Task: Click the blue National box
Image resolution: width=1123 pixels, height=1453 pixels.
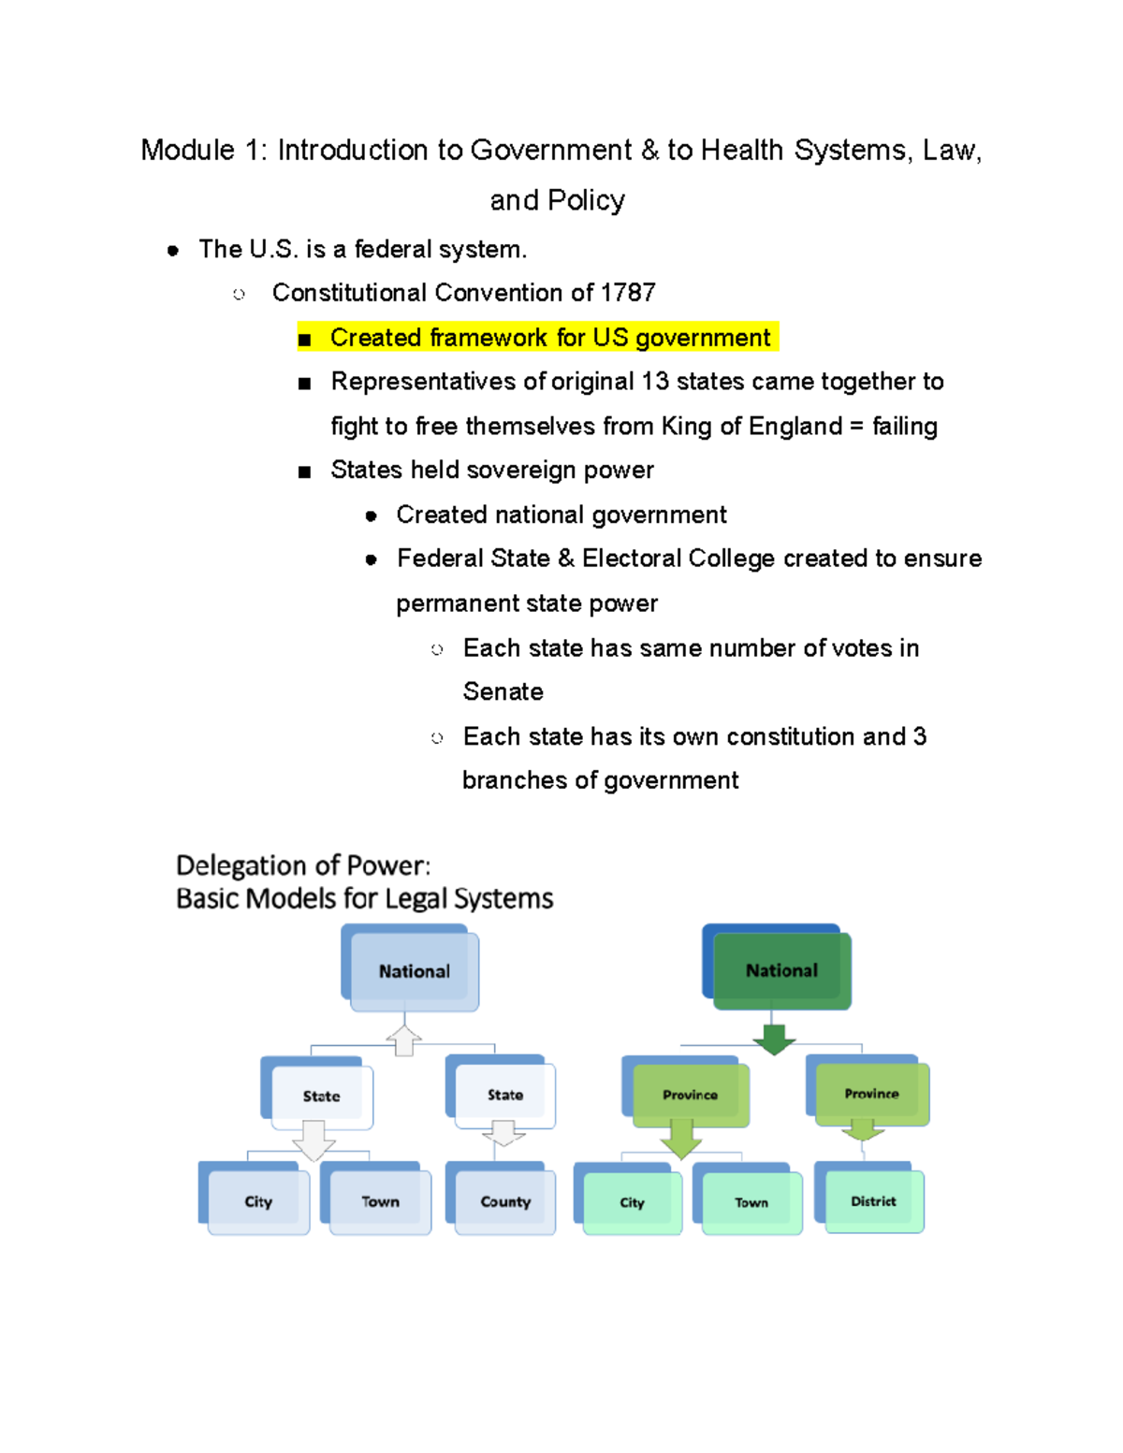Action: click(414, 970)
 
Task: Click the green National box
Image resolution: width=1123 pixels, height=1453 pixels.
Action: click(781, 970)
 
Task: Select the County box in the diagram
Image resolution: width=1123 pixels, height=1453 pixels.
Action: click(505, 1201)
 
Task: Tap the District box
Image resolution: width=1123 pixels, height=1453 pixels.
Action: click(873, 1201)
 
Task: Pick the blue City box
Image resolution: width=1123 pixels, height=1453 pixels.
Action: click(258, 1201)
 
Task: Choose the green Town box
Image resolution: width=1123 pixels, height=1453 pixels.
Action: click(751, 1202)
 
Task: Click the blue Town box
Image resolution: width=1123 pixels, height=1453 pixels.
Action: click(380, 1201)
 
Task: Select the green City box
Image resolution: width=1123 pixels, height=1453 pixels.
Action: click(632, 1202)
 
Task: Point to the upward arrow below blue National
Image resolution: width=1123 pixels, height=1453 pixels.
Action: click(404, 1040)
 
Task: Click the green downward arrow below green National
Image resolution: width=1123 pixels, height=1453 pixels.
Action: click(774, 1039)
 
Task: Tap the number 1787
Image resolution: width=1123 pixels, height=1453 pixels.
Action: click(628, 293)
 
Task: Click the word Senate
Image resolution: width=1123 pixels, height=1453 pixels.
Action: click(503, 691)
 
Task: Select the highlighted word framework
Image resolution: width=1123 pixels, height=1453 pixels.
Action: click(489, 338)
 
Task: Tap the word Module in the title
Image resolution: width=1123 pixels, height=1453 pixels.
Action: click(187, 150)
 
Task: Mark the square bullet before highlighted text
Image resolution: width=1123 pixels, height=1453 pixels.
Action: click(304, 339)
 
